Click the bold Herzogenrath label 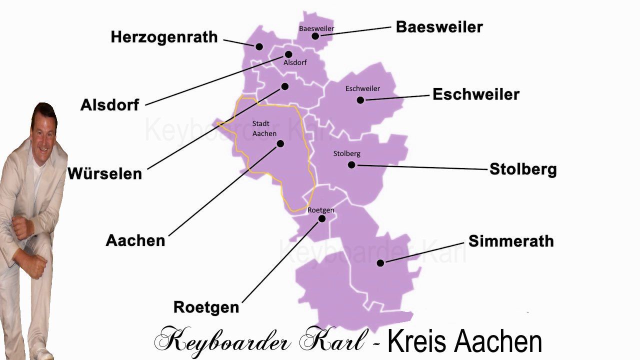pos(164,37)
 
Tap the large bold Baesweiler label pos(439,27)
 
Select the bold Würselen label pos(104,173)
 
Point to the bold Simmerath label pos(510,241)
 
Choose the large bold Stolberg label pos(522,169)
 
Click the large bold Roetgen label pos(206,307)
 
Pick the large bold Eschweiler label pos(475,94)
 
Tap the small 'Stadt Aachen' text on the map pos(264,128)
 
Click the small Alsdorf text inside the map pos(295,62)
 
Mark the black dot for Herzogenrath pos(259,46)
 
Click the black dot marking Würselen pos(285,86)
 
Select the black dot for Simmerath pos(380,263)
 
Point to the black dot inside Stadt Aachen pos(280,143)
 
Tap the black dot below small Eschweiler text pos(360,100)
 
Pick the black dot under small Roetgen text pos(322,218)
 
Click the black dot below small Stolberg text pos(351,164)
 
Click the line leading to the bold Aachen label pos(225,189)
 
